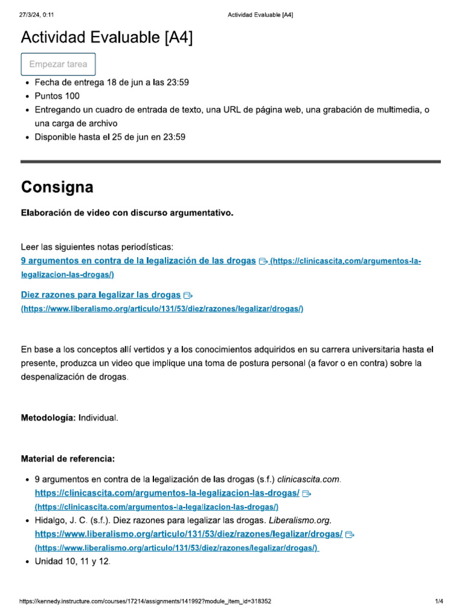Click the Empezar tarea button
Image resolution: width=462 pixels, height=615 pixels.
[58, 64]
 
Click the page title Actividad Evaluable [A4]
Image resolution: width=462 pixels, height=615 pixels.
[107, 38]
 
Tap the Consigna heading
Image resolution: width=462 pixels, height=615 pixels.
[57, 187]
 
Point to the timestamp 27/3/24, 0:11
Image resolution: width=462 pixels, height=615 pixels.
[37, 15]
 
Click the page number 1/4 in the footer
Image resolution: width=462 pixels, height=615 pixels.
[439, 601]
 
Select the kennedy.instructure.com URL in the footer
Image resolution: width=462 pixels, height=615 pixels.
[145, 601]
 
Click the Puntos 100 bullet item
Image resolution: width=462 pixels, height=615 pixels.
[57, 96]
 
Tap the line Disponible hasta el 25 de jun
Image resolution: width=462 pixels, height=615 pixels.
[110, 137]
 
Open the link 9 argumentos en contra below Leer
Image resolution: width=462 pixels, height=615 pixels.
[138, 261]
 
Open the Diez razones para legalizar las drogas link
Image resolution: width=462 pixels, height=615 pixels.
[100, 295]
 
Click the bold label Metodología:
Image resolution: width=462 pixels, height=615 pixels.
[48, 417]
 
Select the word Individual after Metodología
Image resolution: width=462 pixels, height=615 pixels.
[98, 417]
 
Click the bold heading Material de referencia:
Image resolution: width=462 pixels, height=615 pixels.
[68, 459]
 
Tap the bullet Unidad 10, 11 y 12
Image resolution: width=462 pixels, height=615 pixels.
[73, 562]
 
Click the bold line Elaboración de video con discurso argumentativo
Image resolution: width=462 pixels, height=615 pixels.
[127, 213]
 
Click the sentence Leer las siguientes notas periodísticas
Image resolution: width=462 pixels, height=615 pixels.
[97, 247]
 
